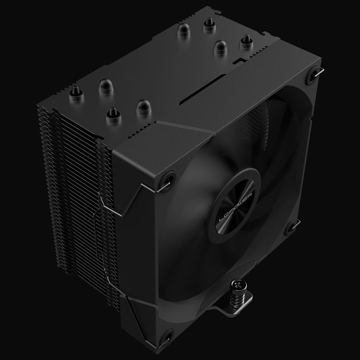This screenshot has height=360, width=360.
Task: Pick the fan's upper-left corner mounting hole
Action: [166, 178]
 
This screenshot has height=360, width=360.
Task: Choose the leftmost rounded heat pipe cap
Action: [105, 86]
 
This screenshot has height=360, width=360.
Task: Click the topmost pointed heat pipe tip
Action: [208, 25]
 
